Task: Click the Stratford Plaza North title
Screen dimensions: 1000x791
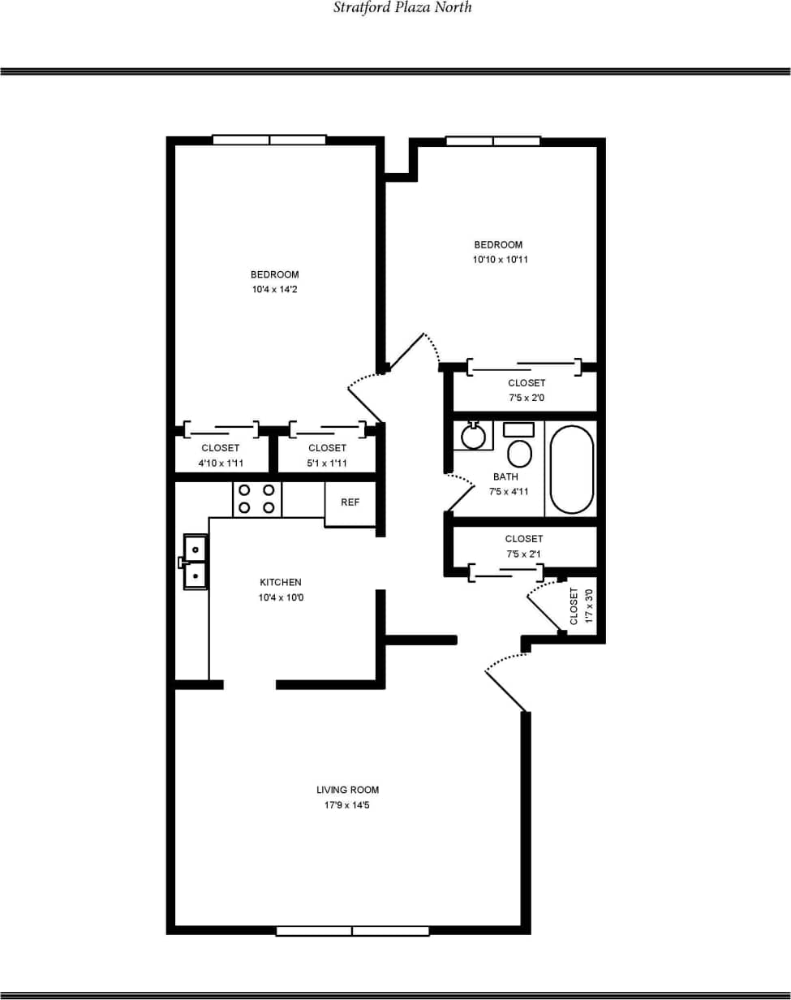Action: (402, 8)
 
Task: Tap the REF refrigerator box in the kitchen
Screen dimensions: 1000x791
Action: (350, 503)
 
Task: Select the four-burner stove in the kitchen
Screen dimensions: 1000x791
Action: (257, 498)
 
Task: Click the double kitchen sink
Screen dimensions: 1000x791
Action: (195, 561)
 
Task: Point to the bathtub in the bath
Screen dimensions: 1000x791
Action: (572, 469)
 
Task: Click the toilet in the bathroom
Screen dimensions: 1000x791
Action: (519, 446)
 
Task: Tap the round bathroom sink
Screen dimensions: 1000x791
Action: (473, 436)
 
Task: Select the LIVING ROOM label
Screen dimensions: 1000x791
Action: (347, 790)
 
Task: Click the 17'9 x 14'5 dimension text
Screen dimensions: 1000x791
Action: (347, 805)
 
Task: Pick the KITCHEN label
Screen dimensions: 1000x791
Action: (281, 582)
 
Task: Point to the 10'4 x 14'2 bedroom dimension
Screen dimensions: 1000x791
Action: (274, 289)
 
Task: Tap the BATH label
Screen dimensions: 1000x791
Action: (505, 476)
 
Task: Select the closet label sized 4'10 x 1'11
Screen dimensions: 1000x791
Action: (221, 448)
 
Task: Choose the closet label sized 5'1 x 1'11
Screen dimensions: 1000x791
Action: (328, 448)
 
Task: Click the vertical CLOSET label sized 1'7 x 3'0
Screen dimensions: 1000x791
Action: (574, 606)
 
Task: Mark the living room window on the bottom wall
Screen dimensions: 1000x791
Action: (352, 930)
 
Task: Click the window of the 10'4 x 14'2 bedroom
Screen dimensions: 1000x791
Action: (269, 140)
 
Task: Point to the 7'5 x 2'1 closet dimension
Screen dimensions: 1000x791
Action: (524, 554)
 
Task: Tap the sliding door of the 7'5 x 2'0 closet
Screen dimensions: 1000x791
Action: (524, 367)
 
